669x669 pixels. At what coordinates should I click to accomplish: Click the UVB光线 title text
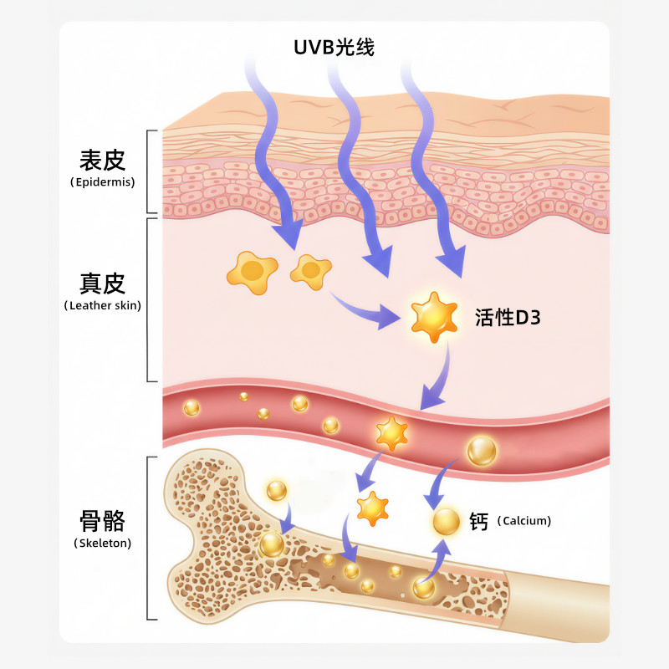point(334,47)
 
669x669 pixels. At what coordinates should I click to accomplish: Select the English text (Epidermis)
point(102,181)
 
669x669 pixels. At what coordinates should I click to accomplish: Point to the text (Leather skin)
point(102,306)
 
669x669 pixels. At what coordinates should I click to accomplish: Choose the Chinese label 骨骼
point(102,523)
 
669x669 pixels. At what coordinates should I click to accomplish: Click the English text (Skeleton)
point(102,544)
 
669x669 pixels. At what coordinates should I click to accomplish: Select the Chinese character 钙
point(479,520)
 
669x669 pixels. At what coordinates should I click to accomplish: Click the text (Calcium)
point(524,521)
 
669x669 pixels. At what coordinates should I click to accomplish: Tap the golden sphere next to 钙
point(447,521)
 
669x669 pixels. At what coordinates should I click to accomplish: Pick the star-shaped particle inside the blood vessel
point(391,432)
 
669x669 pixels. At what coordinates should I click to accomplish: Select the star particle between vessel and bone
point(372,507)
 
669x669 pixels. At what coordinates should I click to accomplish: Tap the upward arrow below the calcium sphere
point(437,559)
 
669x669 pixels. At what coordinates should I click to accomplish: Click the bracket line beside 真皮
point(149,299)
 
